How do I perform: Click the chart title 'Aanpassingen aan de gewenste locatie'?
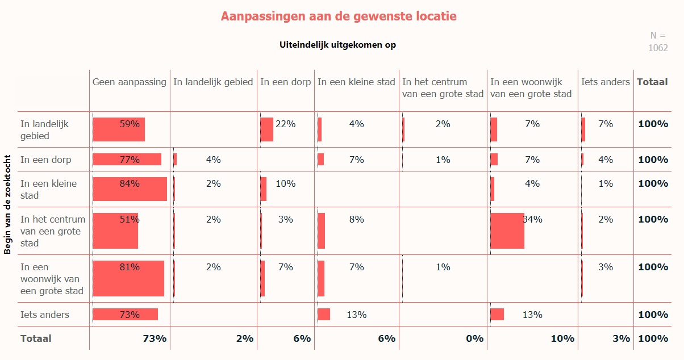pos(339,16)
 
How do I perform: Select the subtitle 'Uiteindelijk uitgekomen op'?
pos(337,45)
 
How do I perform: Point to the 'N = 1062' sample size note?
pos(658,41)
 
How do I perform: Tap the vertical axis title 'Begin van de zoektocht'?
pos(7,204)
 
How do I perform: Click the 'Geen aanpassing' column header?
pos(130,82)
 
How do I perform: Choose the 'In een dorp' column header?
pos(285,82)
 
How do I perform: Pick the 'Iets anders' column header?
pos(605,82)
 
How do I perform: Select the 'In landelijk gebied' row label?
pos(44,129)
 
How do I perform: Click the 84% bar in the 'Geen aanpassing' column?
pos(130,189)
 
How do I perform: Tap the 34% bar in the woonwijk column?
pos(507,231)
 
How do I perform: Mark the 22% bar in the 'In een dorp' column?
pos(266,129)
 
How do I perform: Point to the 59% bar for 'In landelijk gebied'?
pos(119,129)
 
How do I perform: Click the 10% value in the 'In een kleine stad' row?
pos(285,183)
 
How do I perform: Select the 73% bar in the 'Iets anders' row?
pos(125,315)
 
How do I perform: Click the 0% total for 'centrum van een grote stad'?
pos(474,338)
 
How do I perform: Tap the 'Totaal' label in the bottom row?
pos(36,338)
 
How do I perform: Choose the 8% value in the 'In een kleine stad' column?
pos(356,219)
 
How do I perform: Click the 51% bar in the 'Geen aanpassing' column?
pos(115,231)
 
